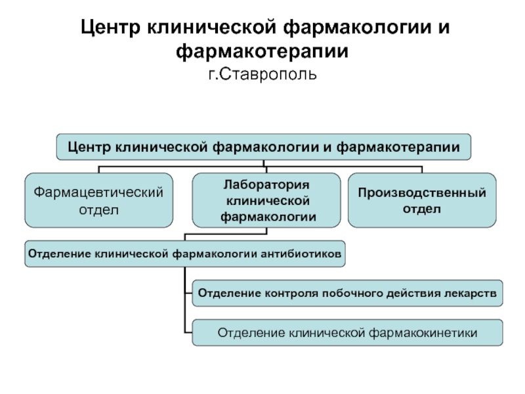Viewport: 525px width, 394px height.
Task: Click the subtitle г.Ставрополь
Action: click(x=262, y=75)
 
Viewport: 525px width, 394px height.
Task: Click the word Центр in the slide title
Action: click(x=110, y=28)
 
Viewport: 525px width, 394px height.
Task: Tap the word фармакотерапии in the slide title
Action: click(x=262, y=52)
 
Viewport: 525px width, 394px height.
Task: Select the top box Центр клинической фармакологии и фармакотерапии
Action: click(x=264, y=147)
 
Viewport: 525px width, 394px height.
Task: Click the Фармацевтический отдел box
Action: click(x=99, y=200)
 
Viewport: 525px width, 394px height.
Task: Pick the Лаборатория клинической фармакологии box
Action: click(x=266, y=200)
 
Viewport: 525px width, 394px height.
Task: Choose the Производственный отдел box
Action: click(x=422, y=200)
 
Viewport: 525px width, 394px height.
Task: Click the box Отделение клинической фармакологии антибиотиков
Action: click(x=185, y=254)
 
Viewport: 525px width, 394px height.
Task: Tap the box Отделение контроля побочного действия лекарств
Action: click(x=348, y=293)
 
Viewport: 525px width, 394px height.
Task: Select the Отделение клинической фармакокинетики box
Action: click(x=348, y=333)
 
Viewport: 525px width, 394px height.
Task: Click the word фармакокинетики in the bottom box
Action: click(x=423, y=333)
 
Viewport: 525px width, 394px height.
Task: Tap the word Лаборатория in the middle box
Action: click(x=266, y=185)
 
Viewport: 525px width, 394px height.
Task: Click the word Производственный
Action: click(x=422, y=193)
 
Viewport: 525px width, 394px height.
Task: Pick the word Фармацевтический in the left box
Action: click(x=98, y=192)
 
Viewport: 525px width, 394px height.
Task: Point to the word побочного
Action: click(x=352, y=294)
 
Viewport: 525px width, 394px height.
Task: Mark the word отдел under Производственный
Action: click(x=421, y=209)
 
